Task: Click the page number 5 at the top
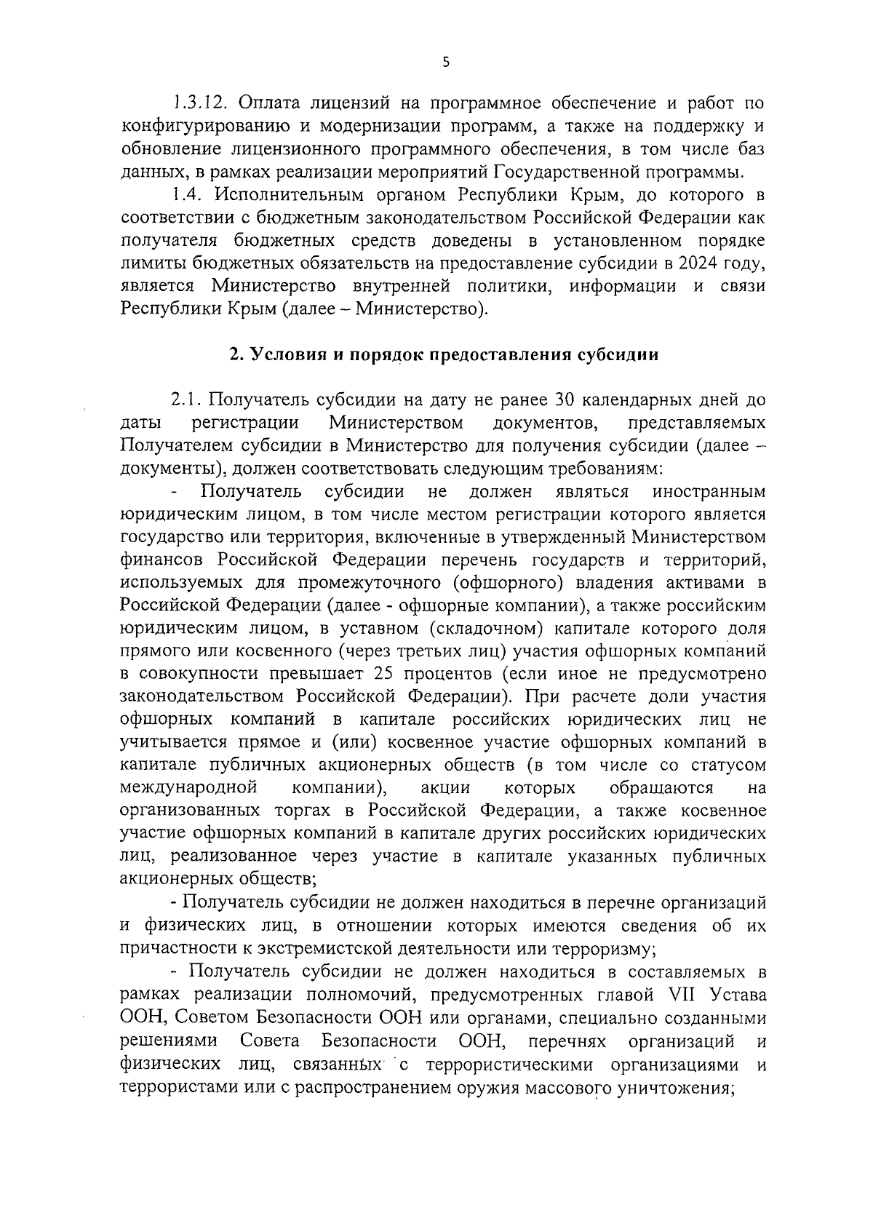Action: coord(446,63)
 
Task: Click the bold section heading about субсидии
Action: coord(443,354)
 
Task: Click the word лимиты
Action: coord(149,263)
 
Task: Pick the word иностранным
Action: coord(709,492)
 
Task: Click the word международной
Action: coord(191,788)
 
